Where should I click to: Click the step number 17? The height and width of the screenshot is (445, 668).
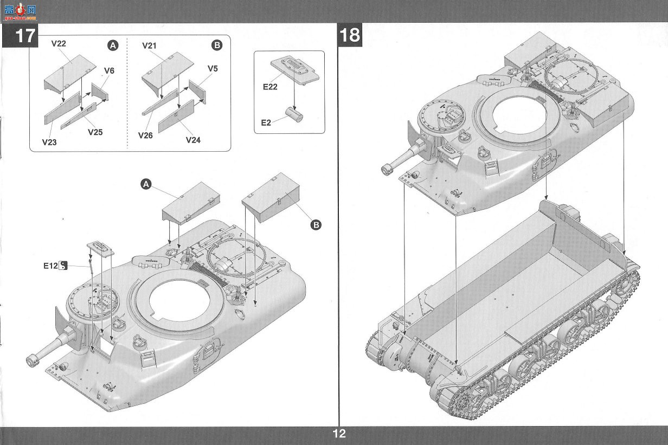click(x=25, y=36)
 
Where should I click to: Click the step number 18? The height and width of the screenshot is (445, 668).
click(x=350, y=35)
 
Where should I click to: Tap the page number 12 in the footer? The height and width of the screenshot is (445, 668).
click(x=339, y=434)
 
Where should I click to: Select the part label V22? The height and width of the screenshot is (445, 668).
click(x=59, y=43)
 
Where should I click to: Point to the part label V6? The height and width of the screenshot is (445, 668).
click(x=109, y=70)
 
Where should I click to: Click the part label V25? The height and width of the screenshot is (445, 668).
click(x=95, y=132)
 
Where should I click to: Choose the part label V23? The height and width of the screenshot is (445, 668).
click(x=49, y=142)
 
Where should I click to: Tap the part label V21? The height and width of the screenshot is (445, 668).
click(x=149, y=46)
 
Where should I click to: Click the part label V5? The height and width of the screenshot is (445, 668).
click(x=213, y=68)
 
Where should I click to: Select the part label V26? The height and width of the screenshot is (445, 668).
click(x=145, y=136)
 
